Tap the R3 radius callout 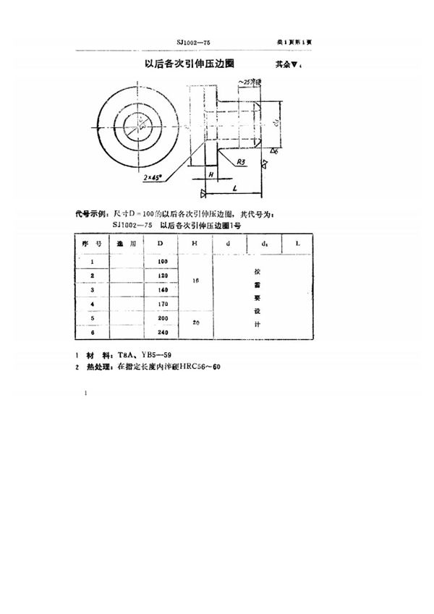(242, 163)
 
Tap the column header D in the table (161, 244)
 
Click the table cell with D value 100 (161, 261)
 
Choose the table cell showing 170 (161, 304)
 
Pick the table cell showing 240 (161, 333)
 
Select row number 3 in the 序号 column (93, 290)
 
